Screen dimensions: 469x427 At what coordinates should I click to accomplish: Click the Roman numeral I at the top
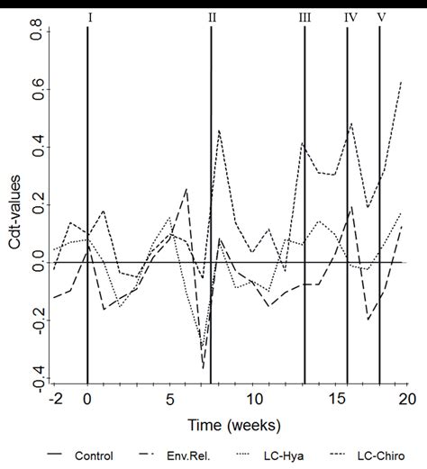click(x=88, y=16)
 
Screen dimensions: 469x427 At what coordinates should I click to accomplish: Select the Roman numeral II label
click(x=212, y=16)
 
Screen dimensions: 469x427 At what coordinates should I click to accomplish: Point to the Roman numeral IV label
click(x=350, y=16)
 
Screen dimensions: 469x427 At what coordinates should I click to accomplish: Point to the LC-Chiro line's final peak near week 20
click(x=401, y=82)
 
